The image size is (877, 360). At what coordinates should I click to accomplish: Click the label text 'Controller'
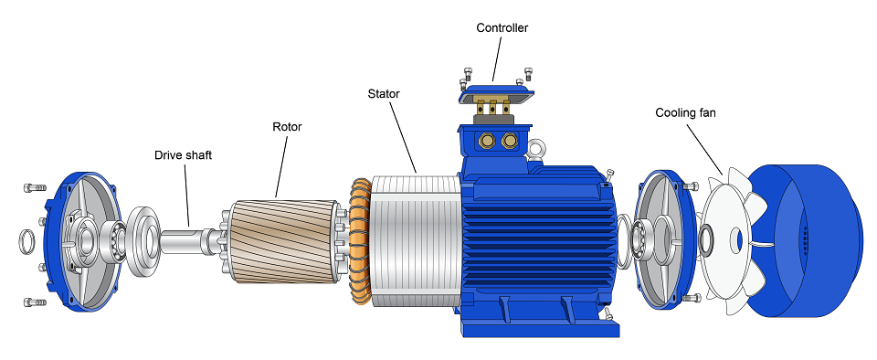pyautogui.click(x=502, y=27)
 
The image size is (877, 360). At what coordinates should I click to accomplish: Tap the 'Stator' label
pyautogui.click(x=383, y=93)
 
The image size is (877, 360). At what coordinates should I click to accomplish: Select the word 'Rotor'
pyautogui.click(x=287, y=127)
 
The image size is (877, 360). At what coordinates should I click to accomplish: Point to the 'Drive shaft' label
pyautogui.click(x=183, y=154)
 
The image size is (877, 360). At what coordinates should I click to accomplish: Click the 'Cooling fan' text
pyautogui.click(x=685, y=113)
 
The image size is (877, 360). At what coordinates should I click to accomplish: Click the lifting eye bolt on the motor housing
pyautogui.click(x=536, y=149)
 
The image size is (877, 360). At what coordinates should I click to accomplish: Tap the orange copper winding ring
pyautogui.click(x=360, y=241)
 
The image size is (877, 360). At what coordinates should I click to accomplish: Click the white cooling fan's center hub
pyautogui.click(x=706, y=239)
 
